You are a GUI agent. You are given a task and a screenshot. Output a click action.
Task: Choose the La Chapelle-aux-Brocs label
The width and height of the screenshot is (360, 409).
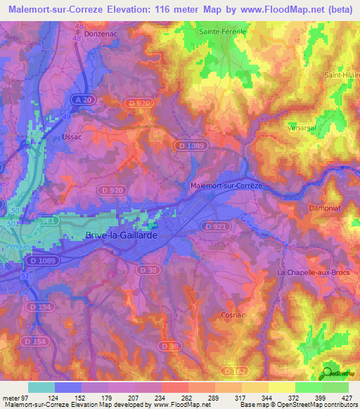[310, 272]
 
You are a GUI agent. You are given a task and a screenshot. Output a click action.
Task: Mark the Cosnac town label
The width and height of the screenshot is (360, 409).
[233, 316]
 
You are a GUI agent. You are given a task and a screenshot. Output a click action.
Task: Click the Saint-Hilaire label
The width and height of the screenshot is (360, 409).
[340, 75]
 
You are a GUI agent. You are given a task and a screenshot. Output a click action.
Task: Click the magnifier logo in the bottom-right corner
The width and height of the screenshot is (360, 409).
[327, 374]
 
